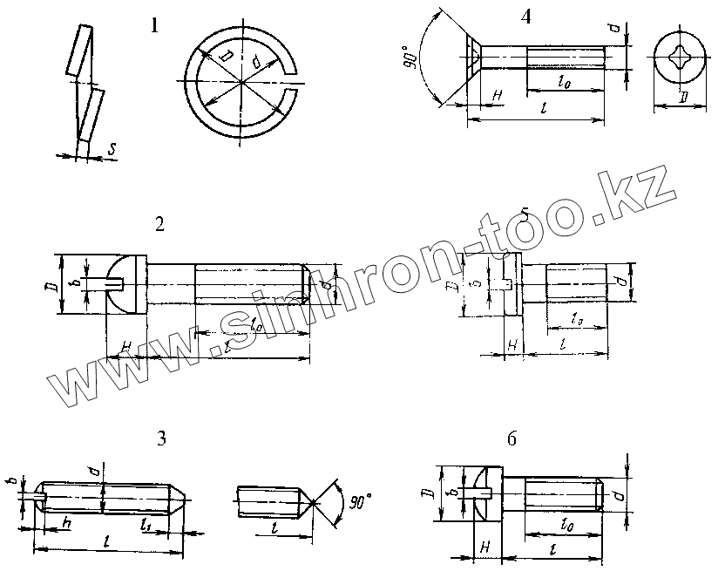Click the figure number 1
[154, 26]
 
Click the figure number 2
[159, 225]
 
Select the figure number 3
[161, 438]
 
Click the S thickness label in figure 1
[113, 149]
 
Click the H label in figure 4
[498, 93]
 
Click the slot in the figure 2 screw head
[117, 282]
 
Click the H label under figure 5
[512, 346]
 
